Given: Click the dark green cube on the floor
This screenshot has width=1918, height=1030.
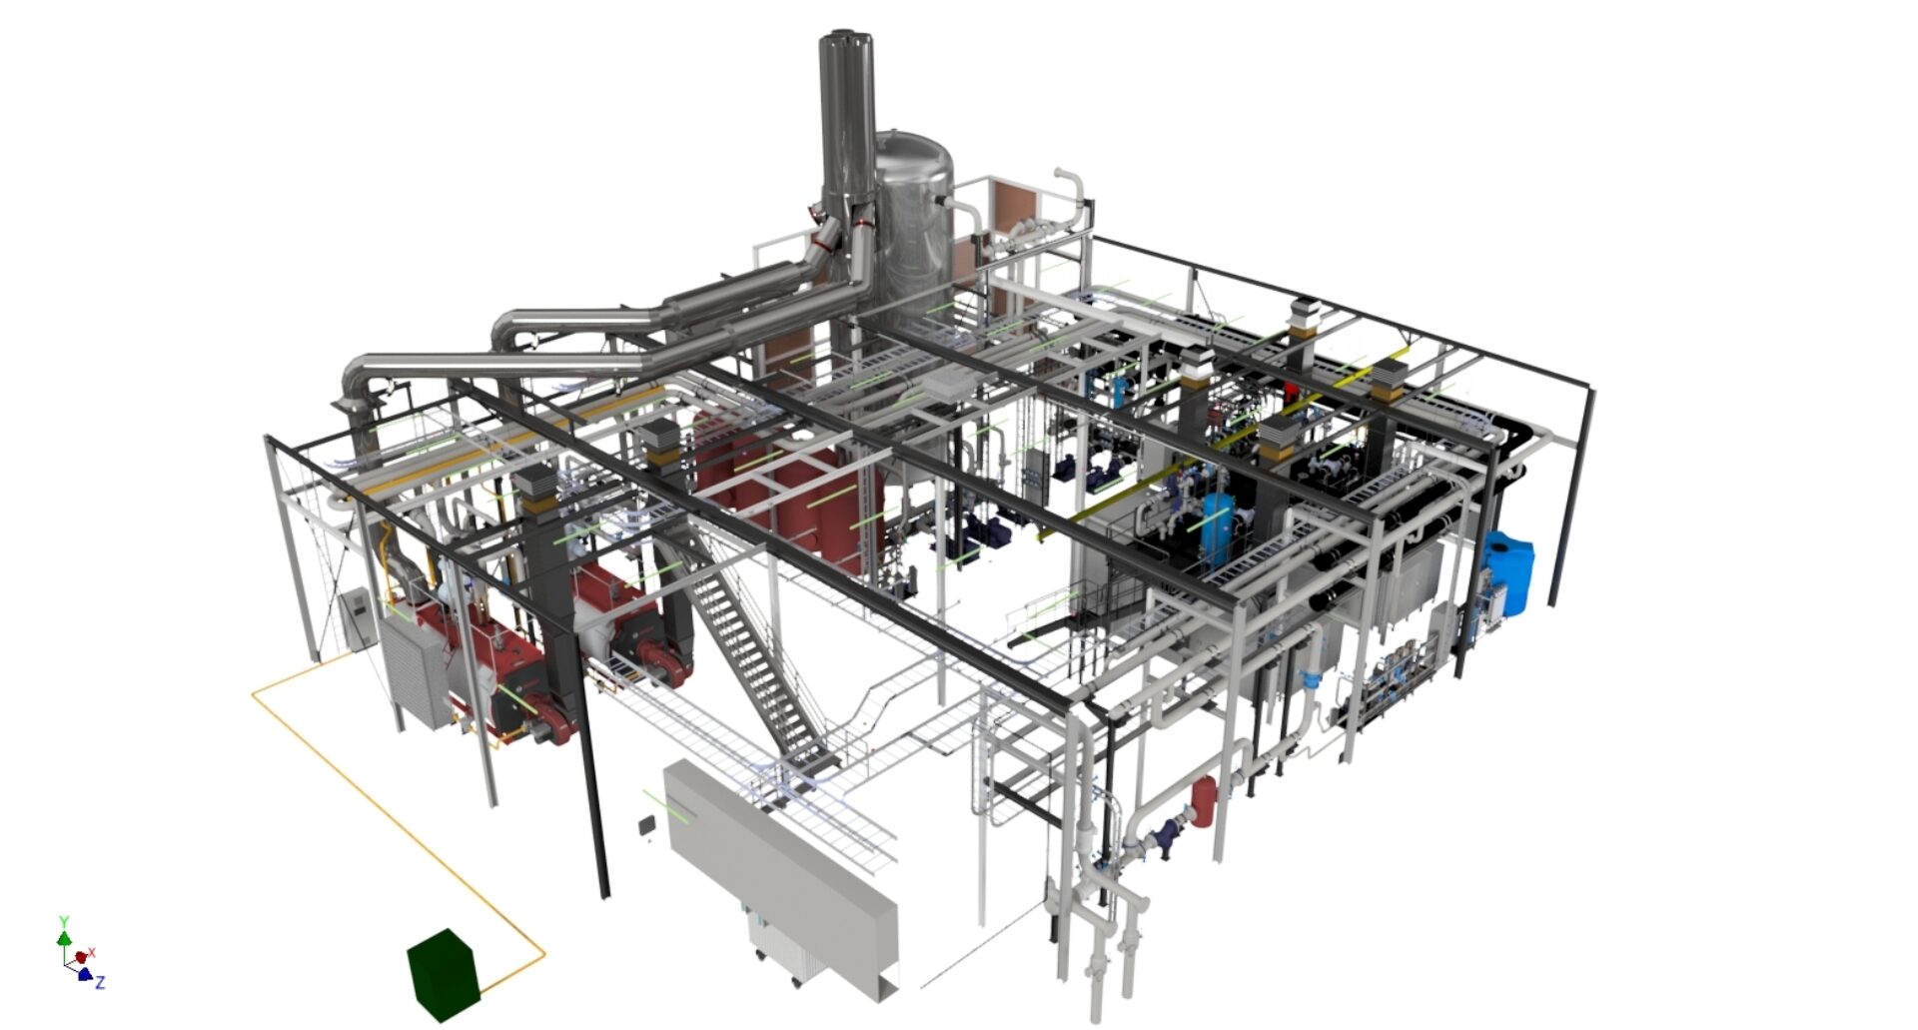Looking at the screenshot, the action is tap(445, 974).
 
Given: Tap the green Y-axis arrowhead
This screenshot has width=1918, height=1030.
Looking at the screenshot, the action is tap(64, 938).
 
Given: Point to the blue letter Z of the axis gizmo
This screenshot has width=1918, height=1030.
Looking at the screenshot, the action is tap(100, 983).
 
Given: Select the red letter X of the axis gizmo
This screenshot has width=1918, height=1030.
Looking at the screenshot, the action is tap(92, 953).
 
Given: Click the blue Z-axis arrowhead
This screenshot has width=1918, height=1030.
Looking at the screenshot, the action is tap(85, 974).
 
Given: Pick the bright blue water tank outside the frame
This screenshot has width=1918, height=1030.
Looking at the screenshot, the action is tap(1507, 572).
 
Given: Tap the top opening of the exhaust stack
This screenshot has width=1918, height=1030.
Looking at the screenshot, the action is tap(847, 40).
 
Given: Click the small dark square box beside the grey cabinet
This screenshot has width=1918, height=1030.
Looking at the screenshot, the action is tap(647, 825).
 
